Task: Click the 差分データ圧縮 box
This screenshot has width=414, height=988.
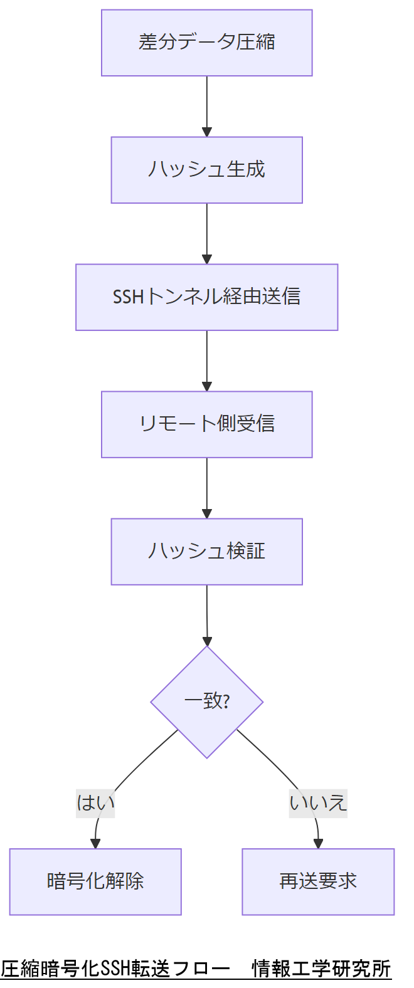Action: point(206,43)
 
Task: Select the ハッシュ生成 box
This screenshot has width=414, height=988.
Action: point(206,170)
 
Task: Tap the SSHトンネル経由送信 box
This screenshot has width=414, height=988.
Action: point(206,297)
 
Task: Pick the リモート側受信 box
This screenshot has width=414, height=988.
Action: point(206,424)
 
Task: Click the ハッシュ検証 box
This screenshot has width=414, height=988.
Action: point(206,552)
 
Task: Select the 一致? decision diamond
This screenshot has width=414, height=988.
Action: point(206,702)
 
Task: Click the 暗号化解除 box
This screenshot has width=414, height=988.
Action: point(95,881)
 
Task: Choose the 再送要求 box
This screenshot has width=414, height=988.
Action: point(318,881)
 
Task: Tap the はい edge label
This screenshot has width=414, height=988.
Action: point(95,802)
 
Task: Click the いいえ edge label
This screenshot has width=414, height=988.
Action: point(318,802)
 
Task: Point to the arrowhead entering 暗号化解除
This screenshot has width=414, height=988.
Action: point(95,843)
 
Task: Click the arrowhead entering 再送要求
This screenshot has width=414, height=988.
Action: point(318,843)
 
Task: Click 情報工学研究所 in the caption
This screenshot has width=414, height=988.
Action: point(321,969)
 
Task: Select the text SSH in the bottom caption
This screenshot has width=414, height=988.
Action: point(115,969)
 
